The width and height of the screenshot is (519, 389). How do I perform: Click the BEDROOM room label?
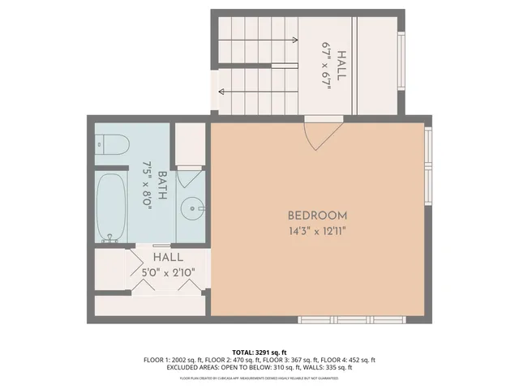point(317,216)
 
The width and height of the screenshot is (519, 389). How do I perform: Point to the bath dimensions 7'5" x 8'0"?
point(148,186)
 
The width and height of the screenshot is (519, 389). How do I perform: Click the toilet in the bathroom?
point(111,145)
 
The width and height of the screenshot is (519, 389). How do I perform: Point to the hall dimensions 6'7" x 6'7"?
point(327,66)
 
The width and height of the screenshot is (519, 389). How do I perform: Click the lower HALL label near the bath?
point(168,257)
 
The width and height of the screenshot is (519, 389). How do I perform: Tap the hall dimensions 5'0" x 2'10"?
point(168,271)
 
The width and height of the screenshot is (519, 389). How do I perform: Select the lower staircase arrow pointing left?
point(258,91)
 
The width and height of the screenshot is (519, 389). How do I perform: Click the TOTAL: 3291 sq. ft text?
point(259,353)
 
